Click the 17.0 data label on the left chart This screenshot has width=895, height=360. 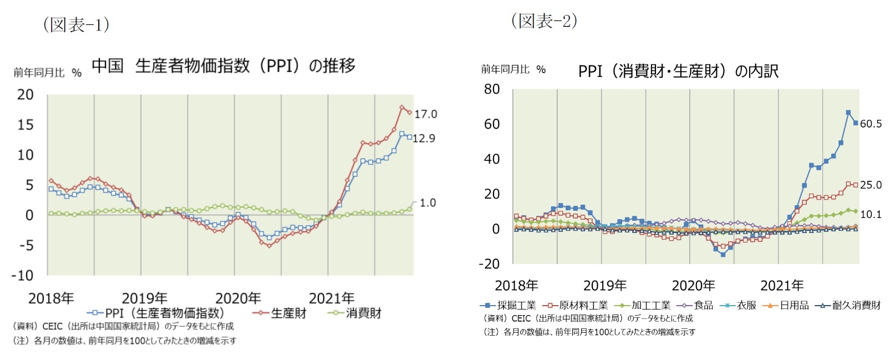tap(426, 114)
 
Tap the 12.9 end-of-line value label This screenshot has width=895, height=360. tap(424, 139)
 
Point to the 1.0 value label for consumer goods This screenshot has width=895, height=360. tap(428, 203)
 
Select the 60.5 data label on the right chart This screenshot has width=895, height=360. tap(871, 124)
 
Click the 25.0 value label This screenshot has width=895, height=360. tap(871, 185)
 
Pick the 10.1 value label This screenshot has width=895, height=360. tap(871, 215)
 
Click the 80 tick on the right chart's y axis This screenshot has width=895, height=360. tap(492, 89)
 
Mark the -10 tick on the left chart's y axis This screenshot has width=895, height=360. tap(22, 276)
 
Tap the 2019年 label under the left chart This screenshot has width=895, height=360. tap(144, 298)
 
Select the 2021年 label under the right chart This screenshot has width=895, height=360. tap(782, 286)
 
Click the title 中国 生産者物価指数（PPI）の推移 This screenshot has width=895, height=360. tap(223, 66)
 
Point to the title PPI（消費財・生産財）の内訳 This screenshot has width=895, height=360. tap(678, 72)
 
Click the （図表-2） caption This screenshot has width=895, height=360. tap(544, 21)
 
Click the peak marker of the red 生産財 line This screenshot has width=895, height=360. tap(401, 108)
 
